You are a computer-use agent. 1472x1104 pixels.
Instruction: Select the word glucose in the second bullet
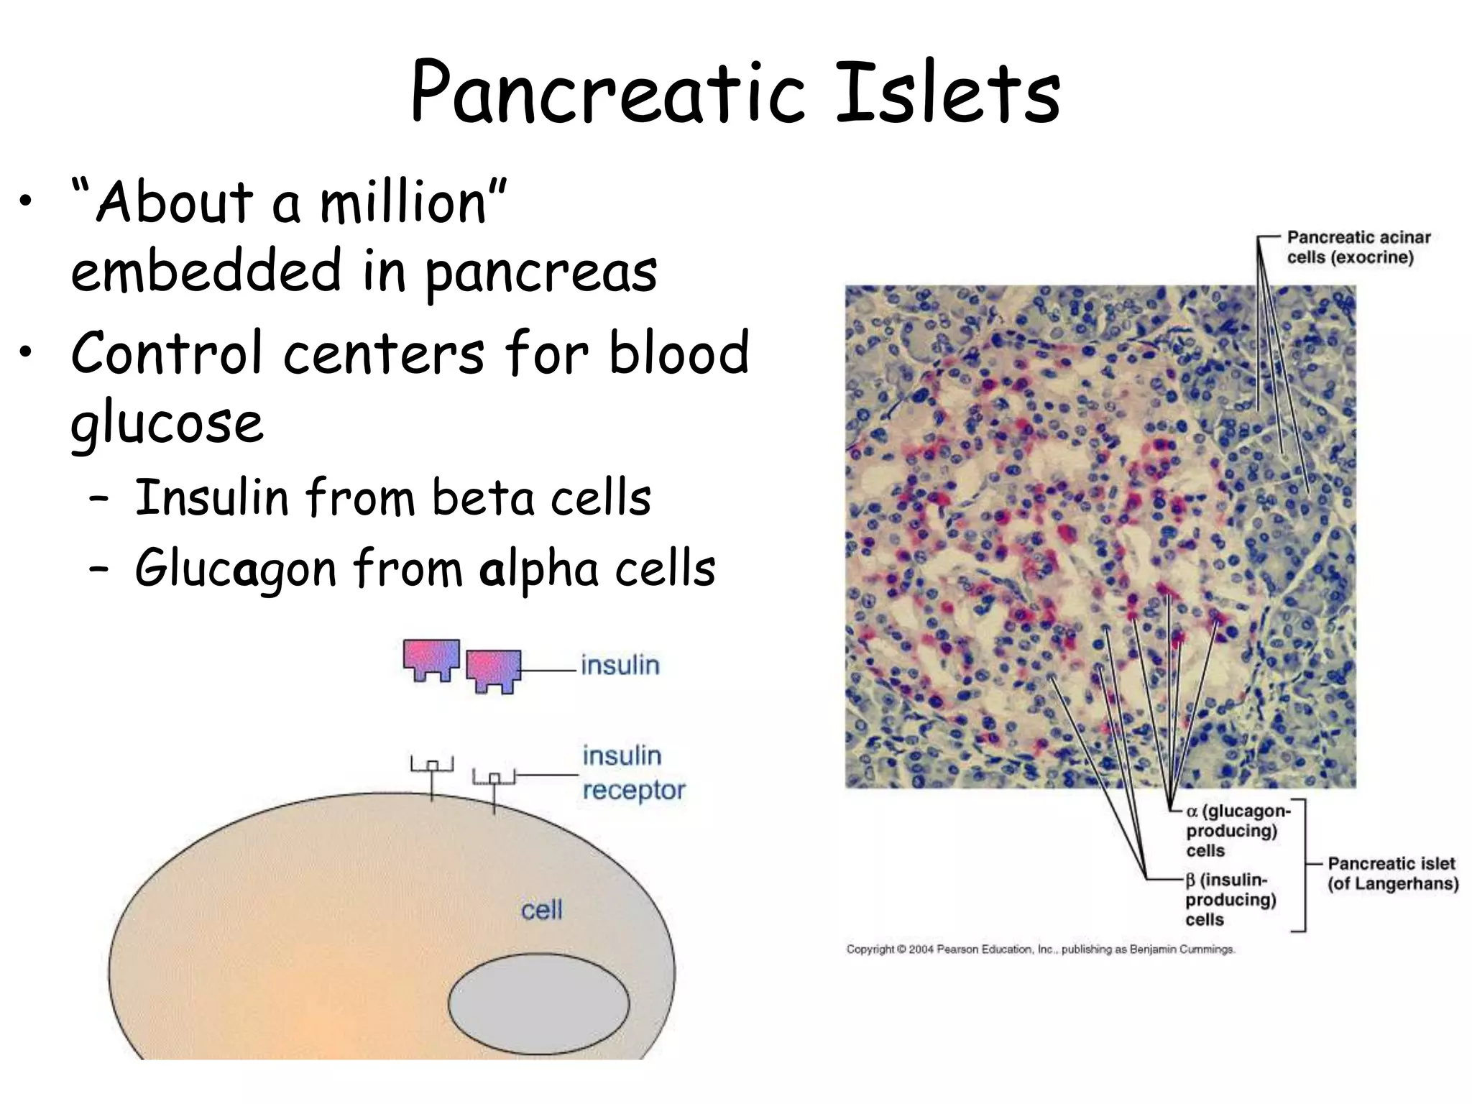[x=167, y=424]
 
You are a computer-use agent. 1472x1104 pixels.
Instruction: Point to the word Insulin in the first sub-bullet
[x=211, y=497]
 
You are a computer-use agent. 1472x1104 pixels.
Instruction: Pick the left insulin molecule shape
[x=431, y=658]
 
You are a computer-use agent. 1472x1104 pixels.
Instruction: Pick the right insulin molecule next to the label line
[x=493, y=670]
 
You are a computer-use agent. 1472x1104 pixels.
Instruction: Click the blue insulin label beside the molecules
[x=620, y=665]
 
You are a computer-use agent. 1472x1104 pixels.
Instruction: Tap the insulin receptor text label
[x=632, y=773]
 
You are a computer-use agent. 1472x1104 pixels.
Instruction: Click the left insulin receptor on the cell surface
[x=431, y=773]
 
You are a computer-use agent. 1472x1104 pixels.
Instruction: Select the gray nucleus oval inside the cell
[x=538, y=1003]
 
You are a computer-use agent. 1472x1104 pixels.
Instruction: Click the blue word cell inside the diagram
[x=541, y=911]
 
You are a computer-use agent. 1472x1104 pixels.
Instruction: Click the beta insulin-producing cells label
[x=1230, y=899]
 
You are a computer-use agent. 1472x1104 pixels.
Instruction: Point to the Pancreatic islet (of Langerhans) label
[x=1391, y=873]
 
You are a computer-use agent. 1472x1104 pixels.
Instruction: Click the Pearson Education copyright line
[x=1040, y=949]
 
